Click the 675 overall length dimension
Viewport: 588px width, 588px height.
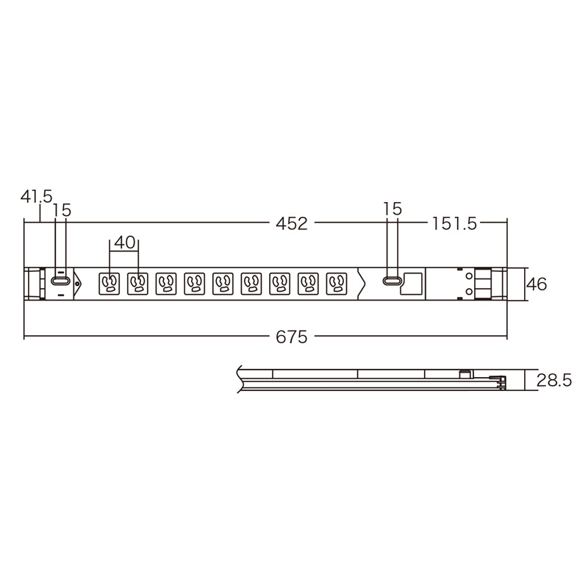pos(291,337)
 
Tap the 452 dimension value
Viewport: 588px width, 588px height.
pos(291,224)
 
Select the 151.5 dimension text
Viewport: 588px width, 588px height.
pos(454,224)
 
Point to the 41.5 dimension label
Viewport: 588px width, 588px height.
pos(36,196)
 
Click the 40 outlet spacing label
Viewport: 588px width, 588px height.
pos(124,243)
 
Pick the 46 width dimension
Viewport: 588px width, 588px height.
pos(537,284)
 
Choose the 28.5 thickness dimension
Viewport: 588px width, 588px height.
pos(554,381)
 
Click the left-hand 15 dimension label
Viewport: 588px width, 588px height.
pos(62,210)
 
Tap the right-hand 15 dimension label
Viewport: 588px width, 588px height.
pos(392,209)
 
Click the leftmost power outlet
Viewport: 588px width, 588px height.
pos(109,284)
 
